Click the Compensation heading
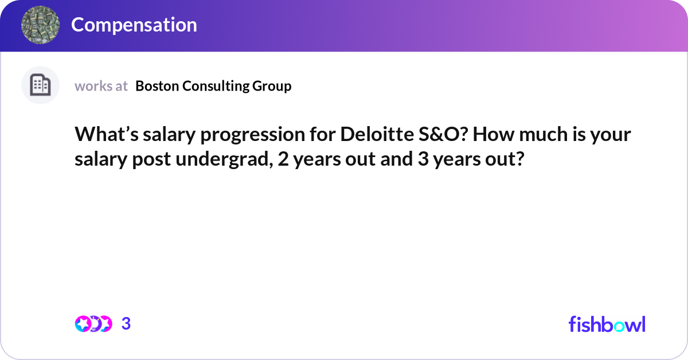(x=134, y=25)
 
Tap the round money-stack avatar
(x=40, y=25)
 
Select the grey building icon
(x=40, y=85)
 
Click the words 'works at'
(x=101, y=86)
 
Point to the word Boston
(x=157, y=86)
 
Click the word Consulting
(x=216, y=87)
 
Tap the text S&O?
(x=443, y=134)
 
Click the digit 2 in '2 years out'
(x=283, y=159)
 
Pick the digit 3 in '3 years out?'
(x=423, y=159)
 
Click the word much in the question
(x=543, y=134)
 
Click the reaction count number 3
(x=126, y=324)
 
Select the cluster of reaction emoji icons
(x=93, y=324)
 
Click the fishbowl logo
(x=607, y=324)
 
